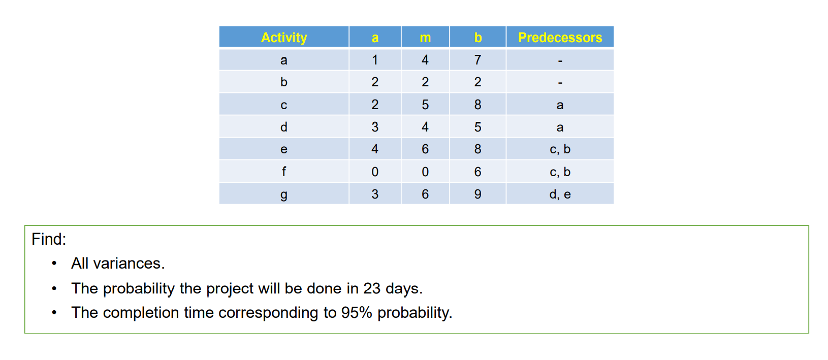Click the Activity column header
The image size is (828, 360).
coord(284,38)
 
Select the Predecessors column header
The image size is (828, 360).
coord(560,38)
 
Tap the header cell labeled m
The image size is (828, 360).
coord(425,38)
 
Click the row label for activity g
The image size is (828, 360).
coord(284,194)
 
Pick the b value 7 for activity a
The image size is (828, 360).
coord(477,60)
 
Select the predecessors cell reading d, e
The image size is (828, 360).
coord(560,194)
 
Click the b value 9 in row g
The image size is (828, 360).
coord(477,194)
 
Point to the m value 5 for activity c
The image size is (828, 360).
coord(425,105)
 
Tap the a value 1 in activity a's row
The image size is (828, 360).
coord(375,60)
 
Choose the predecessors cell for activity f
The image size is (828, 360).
coord(560,172)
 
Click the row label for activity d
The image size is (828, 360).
coord(284,127)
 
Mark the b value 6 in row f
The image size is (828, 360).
coord(477,172)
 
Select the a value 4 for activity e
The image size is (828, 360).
coord(375,149)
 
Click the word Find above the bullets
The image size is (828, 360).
coord(48,239)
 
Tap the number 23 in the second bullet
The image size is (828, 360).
coord(372,288)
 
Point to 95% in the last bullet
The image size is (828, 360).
coord(357,313)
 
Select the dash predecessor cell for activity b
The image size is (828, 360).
coord(560,82)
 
